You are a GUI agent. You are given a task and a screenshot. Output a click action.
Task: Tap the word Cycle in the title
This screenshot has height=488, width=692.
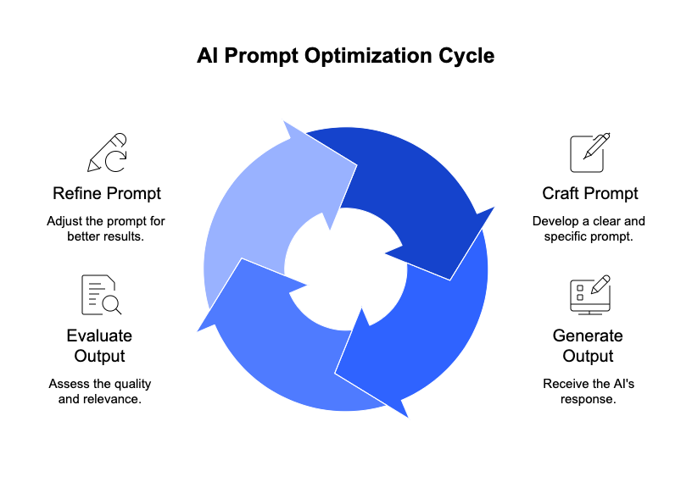point(466,57)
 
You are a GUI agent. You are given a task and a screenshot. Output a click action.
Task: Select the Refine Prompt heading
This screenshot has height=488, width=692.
point(107,194)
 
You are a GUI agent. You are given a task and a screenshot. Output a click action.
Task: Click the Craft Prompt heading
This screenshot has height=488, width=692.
point(590,193)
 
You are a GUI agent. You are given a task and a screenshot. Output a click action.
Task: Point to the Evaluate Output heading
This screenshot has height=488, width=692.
point(99,346)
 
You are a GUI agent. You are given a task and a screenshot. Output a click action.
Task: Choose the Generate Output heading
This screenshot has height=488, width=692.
point(588,346)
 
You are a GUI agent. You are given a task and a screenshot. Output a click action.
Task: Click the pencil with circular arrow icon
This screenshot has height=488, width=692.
point(107,152)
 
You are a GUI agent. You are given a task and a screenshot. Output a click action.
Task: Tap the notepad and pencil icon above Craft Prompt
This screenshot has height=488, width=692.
point(589,152)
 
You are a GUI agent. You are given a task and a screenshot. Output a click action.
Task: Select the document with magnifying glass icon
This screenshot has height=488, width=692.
point(101,295)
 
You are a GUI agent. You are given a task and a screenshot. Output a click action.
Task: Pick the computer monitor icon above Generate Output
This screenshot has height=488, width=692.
point(590,295)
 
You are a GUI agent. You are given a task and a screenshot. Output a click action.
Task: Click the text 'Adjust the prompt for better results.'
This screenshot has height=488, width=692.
point(106,229)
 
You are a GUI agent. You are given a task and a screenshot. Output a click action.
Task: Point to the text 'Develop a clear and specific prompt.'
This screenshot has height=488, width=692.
point(589,229)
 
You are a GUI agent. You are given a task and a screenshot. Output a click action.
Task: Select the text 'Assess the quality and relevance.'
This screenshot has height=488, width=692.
point(100,391)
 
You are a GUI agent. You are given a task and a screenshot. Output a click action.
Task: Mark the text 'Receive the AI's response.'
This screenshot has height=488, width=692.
point(589,391)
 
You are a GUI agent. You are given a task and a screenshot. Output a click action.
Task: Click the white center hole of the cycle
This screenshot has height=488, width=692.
point(345,269)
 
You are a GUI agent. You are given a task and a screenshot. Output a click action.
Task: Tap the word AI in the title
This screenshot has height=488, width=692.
point(208,56)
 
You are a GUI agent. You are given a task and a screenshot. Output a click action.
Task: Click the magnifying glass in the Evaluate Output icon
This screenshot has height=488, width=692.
point(111,305)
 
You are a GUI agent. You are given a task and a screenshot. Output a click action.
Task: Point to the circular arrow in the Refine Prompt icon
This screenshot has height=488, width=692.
point(116,161)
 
